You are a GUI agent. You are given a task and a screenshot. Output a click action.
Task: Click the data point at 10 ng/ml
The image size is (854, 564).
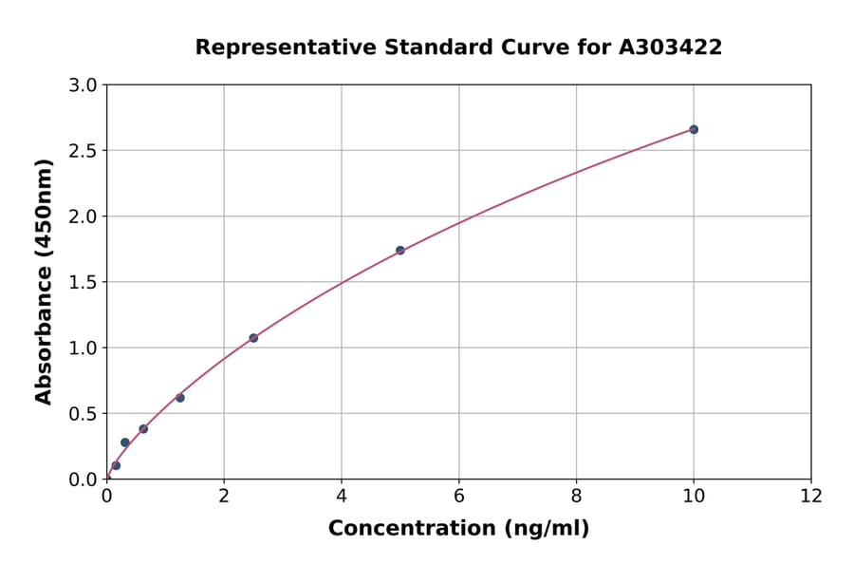(694, 129)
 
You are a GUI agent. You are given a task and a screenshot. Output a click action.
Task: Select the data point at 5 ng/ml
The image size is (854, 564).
(400, 251)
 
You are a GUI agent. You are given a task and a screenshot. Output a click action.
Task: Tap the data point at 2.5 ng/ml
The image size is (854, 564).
(253, 338)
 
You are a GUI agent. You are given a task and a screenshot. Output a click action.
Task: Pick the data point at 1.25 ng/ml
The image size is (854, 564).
(180, 398)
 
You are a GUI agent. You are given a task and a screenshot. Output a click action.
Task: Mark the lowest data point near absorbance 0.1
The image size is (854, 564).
(116, 465)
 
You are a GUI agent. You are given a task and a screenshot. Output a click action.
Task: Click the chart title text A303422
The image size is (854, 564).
(670, 47)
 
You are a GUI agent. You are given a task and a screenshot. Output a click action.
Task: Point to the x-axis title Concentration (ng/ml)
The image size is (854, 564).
(458, 528)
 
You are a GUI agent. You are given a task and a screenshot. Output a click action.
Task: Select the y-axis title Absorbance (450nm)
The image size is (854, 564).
(44, 281)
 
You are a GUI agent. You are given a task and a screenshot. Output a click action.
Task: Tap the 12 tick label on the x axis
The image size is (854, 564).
(811, 495)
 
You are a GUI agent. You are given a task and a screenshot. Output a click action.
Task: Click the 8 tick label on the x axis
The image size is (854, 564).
(576, 495)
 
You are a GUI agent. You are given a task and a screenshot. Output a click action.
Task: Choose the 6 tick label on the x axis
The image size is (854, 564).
(458, 495)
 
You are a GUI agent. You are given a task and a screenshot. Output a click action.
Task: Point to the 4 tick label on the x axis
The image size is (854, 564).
(342, 495)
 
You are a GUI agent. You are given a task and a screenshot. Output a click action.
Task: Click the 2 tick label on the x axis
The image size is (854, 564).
(224, 495)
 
